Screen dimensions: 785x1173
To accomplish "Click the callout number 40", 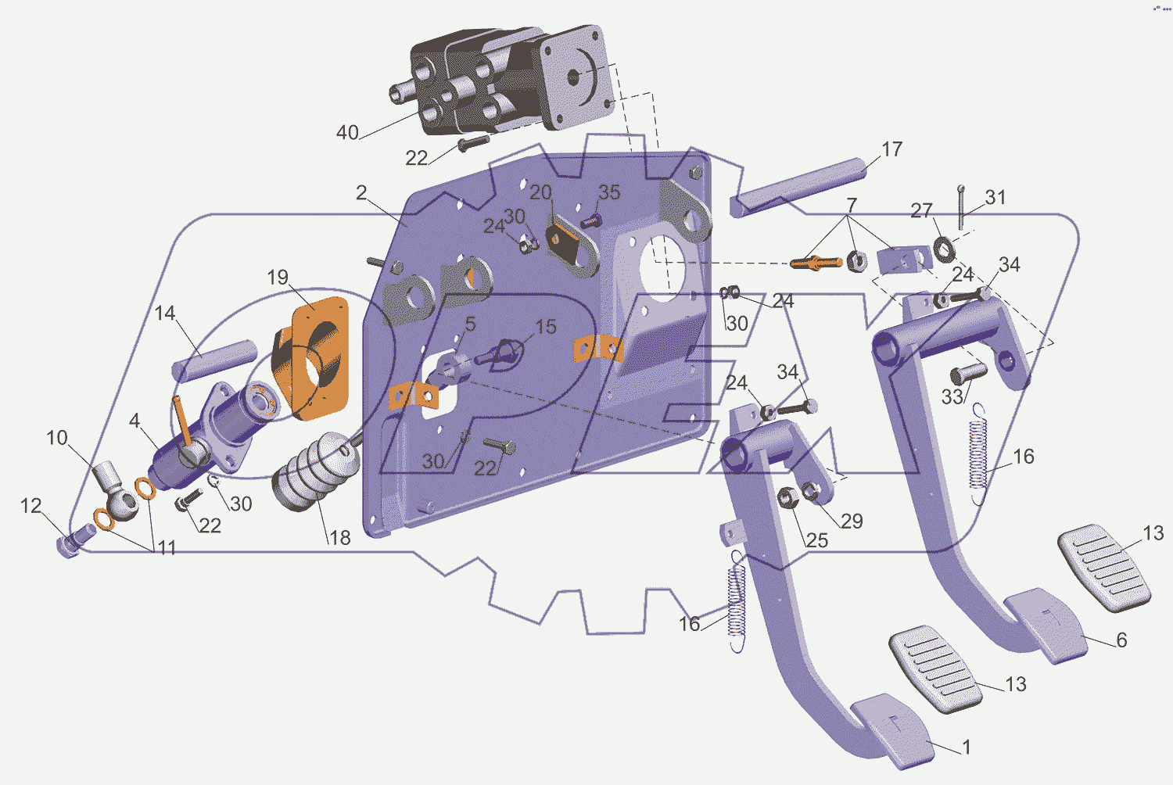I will pyautogui.click(x=347, y=132).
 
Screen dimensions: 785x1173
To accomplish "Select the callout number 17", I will pyautogui.click(x=891, y=149).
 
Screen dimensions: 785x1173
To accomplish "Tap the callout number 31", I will pyautogui.click(x=995, y=197).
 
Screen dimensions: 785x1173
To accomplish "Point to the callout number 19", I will pyautogui.click(x=278, y=277).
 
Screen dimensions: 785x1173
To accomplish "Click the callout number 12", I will pyautogui.click(x=30, y=506).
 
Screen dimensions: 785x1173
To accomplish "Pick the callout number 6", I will pyautogui.click(x=1121, y=640).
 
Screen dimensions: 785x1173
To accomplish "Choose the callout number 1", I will pyautogui.click(x=967, y=747).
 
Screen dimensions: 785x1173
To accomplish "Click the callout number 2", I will pyautogui.click(x=361, y=192).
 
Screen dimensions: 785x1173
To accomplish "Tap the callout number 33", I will pyautogui.click(x=951, y=396).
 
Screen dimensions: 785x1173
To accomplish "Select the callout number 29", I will pyautogui.click(x=852, y=521).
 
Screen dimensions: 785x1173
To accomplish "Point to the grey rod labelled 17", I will pyautogui.click(x=798, y=182).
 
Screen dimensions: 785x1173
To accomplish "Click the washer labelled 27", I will pyautogui.click(x=944, y=249).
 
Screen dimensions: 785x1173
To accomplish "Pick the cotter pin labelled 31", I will pyautogui.click(x=961, y=206).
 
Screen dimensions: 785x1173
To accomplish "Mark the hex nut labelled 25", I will pyautogui.click(x=787, y=496).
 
